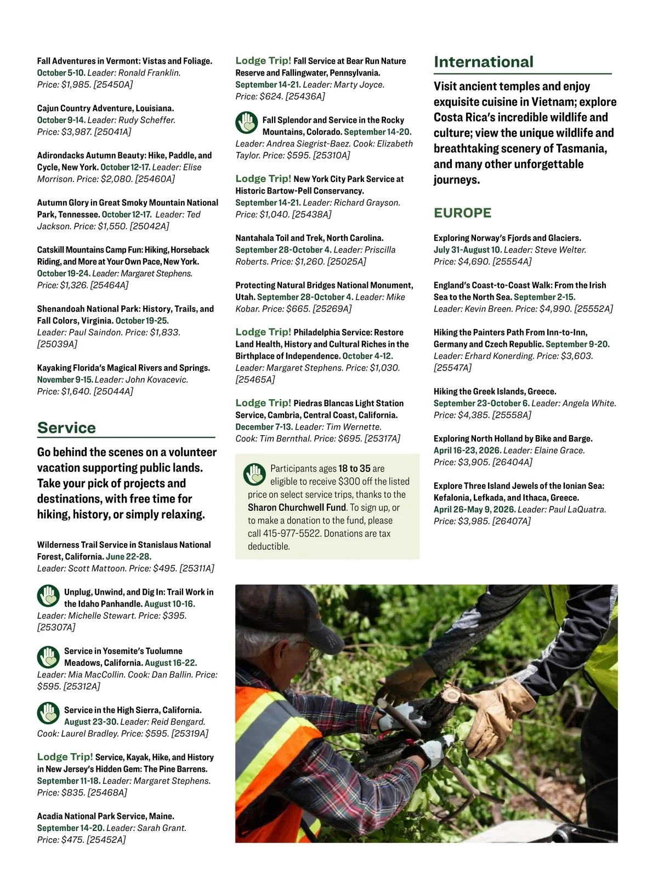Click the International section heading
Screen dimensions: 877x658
point(483,62)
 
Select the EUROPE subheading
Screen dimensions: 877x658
point(462,213)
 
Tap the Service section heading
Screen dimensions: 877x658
point(66,428)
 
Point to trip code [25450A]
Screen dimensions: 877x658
point(113,85)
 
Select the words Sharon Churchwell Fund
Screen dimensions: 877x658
point(297,508)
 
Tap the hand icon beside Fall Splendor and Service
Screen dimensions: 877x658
point(247,123)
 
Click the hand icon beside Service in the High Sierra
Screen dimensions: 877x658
point(48,713)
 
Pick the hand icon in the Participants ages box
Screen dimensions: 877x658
point(254,474)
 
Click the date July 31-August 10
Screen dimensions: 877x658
point(467,250)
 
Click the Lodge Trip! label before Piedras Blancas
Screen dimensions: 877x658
point(263,403)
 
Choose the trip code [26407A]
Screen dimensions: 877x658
point(512,521)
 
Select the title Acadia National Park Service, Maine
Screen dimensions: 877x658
point(106,816)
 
